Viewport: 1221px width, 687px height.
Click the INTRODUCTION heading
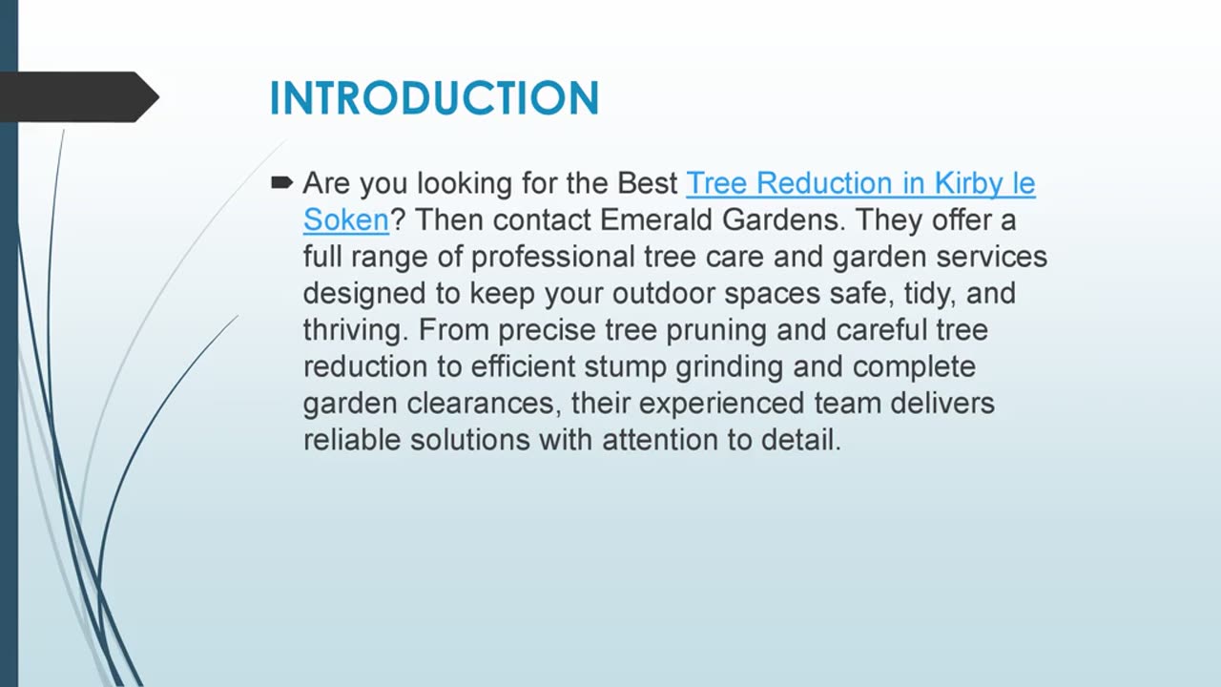pyautogui.click(x=434, y=98)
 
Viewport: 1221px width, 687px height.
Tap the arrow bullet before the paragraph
pyautogui.click(x=281, y=182)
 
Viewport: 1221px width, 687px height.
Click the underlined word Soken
pyautogui.click(x=346, y=220)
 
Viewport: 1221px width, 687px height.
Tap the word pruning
pyautogui.click(x=716, y=331)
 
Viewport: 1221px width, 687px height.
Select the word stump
pyautogui.click(x=626, y=367)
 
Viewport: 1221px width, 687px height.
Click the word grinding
pyautogui.click(x=730, y=367)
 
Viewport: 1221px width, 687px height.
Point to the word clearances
pyautogui.click(x=484, y=404)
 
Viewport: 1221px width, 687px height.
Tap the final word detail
pyautogui.click(x=800, y=440)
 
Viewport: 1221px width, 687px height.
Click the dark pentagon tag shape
pyautogui.click(x=79, y=97)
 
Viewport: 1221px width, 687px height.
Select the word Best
pyautogui.click(x=647, y=183)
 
